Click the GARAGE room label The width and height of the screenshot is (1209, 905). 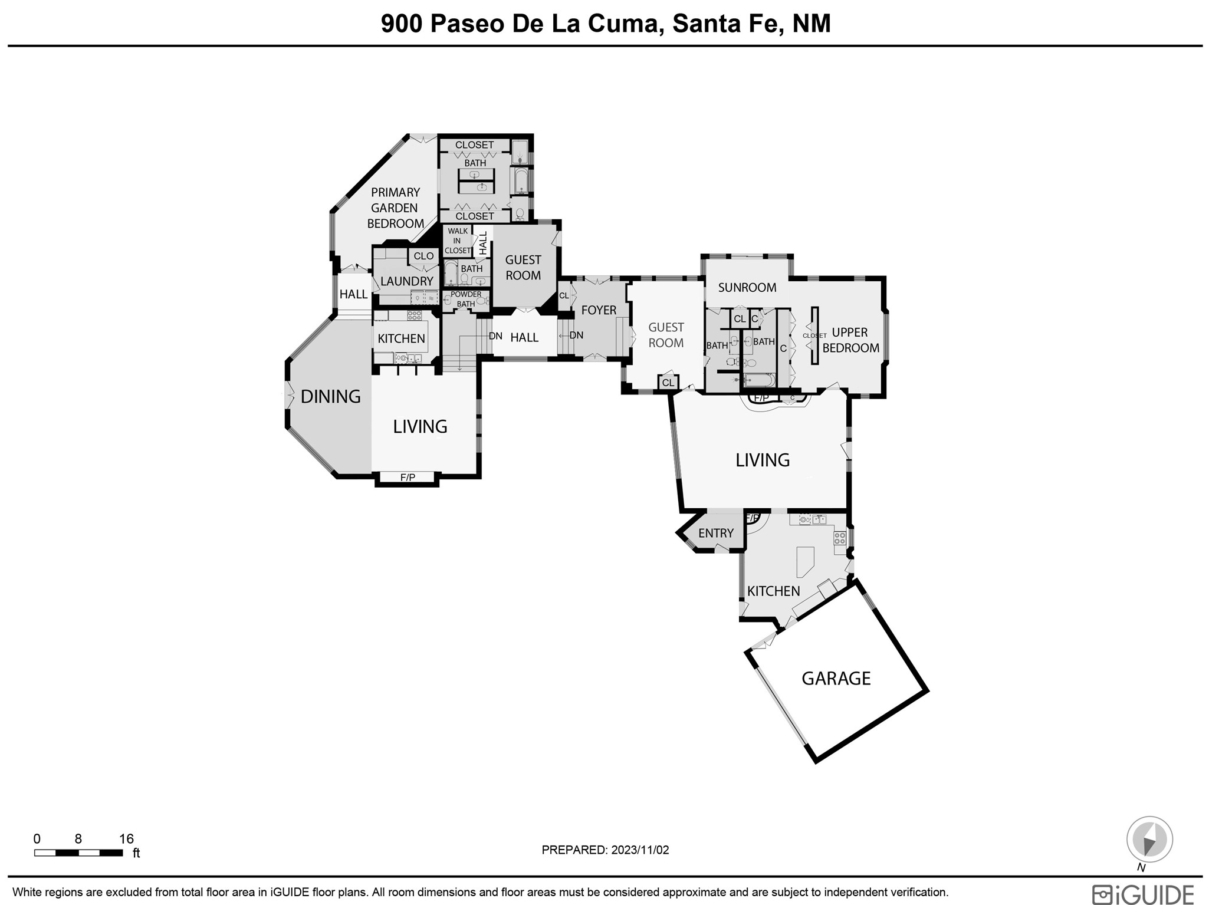click(x=836, y=678)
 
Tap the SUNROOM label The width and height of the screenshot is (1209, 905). click(x=747, y=288)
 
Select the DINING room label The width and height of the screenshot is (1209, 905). click(x=330, y=397)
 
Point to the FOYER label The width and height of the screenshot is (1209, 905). click(x=599, y=310)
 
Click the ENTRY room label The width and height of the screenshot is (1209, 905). click(x=716, y=533)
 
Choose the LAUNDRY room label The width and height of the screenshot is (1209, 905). click(x=407, y=281)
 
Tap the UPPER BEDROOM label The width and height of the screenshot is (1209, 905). click(x=850, y=340)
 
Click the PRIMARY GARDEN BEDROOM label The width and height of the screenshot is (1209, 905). click(x=395, y=208)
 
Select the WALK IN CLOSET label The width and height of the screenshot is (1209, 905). click(x=458, y=241)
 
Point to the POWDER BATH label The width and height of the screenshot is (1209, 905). click(x=466, y=299)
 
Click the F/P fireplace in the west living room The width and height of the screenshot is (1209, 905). click(x=408, y=478)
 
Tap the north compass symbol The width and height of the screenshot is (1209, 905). click(x=1149, y=839)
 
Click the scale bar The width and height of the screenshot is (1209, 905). click(x=78, y=853)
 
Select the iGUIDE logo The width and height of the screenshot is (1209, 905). click(x=1143, y=894)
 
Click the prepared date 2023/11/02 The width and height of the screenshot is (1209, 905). click(x=639, y=850)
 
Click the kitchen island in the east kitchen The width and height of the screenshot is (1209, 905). click(x=804, y=562)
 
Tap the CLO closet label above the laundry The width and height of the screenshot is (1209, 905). click(x=423, y=256)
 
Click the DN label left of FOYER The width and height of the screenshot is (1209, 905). click(x=576, y=335)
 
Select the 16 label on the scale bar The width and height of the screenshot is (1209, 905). click(x=126, y=839)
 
